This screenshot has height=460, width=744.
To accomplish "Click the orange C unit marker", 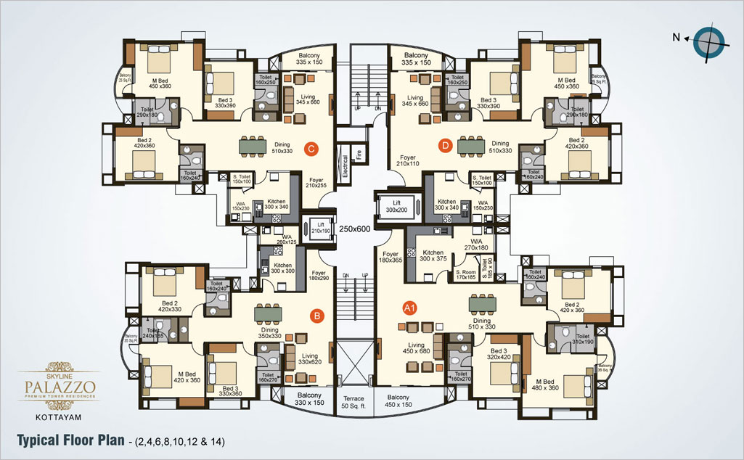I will (x=311, y=149).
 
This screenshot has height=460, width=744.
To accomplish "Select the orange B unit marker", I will (x=316, y=316).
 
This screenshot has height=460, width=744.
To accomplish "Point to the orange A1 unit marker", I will (x=409, y=308).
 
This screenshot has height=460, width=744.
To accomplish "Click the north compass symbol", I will (x=706, y=41).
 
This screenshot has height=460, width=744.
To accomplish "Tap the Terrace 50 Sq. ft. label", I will (x=355, y=402).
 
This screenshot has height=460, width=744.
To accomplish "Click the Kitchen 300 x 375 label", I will (x=433, y=255).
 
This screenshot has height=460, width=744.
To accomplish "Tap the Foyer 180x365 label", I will (x=391, y=258).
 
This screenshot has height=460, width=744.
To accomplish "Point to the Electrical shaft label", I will (x=346, y=167).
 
